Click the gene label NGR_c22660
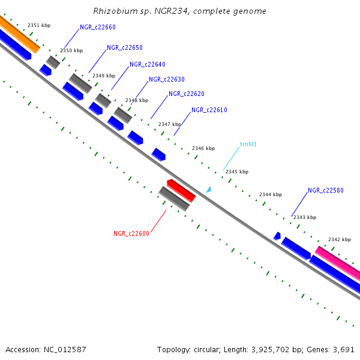98,27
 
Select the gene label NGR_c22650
125,47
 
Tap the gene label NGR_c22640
148,64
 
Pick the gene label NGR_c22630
167,79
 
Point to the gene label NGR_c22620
187,94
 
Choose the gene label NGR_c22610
209,110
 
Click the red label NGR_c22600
131,233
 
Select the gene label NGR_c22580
326,191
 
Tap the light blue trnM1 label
248,144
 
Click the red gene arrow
181,190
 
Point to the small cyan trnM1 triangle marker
208,190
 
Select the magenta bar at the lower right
338,261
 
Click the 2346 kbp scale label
203,148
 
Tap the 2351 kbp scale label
39,25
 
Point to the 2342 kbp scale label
340,239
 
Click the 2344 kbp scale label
271,194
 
